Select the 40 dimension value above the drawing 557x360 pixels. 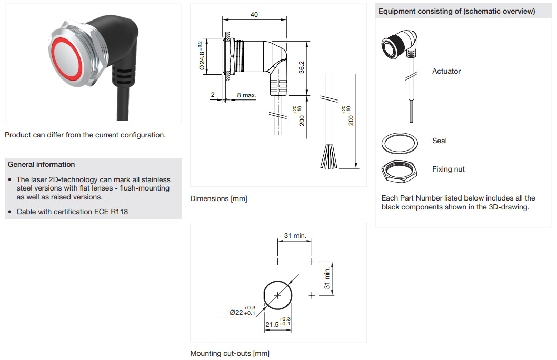click(x=254, y=15)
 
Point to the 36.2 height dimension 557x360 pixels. click(x=302, y=67)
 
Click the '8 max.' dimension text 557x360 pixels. click(x=246, y=95)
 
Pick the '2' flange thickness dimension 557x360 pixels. click(x=213, y=95)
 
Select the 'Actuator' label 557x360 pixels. click(x=446, y=71)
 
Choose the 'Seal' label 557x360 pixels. click(x=440, y=141)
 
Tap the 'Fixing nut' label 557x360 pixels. click(x=449, y=169)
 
